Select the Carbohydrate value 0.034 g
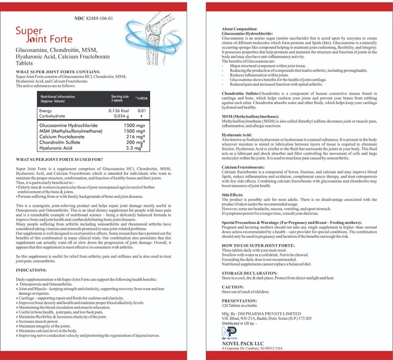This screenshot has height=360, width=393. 118,116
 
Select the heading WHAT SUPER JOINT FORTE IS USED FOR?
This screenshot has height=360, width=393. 59,159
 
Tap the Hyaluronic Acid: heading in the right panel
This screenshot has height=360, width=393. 237,135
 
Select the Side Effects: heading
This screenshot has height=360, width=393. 233,195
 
